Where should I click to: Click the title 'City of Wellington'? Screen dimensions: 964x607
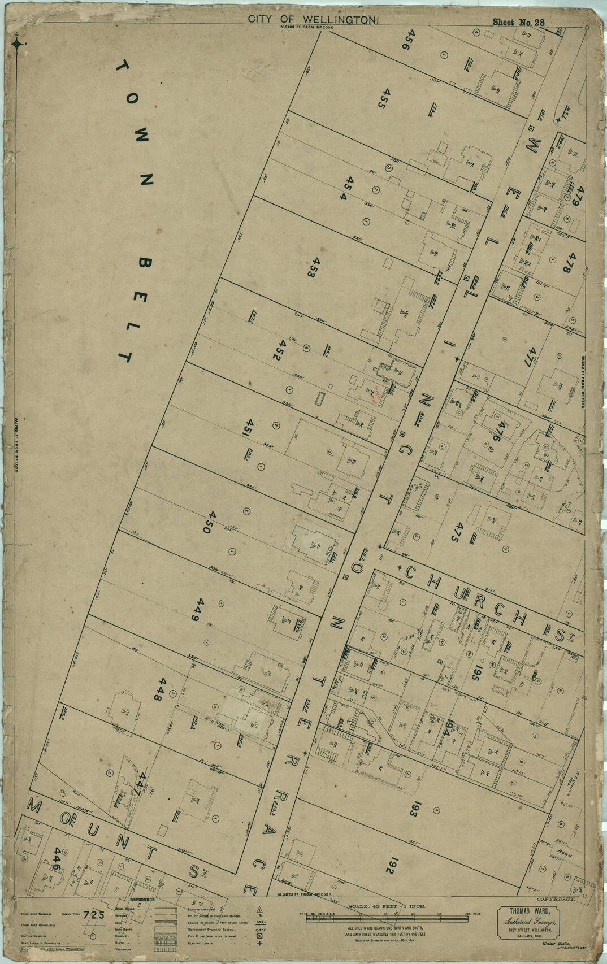[312, 19]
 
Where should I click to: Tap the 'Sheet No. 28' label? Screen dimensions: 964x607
[518, 23]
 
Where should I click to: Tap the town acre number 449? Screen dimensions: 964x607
[197, 609]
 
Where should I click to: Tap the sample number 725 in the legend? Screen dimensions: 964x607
[94, 915]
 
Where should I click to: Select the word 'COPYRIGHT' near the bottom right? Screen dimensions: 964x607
[556, 898]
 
